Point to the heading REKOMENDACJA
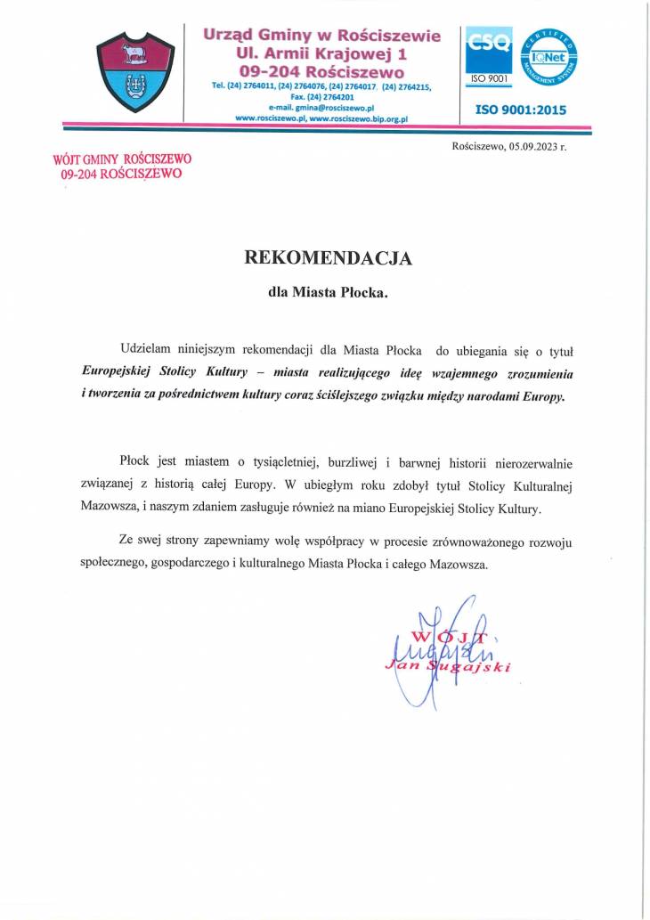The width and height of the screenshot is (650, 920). point(329,258)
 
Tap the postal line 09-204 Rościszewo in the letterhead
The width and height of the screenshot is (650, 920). point(323,72)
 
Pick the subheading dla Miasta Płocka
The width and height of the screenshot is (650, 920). point(329,291)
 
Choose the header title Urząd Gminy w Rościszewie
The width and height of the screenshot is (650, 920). point(322,36)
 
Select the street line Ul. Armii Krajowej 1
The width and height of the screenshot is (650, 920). point(322,54)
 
